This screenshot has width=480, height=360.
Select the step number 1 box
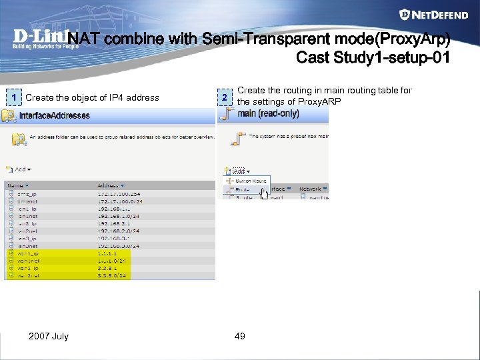pos(13,97)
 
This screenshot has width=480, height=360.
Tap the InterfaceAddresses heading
pos(55,115)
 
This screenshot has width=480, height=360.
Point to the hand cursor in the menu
pos(263,193)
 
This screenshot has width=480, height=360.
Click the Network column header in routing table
pos(312,189)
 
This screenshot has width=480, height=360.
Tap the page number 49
pos(240,336)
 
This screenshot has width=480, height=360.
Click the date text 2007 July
pos(48,336)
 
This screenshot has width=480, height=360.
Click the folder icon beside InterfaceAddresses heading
pos(9,115)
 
